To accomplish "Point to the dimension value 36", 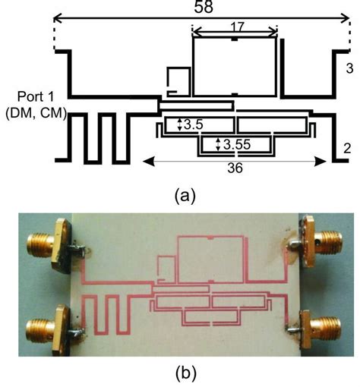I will [x=235, y=169].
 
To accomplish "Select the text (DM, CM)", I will [x=35, y=114].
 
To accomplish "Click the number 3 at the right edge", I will [x=348, y=69].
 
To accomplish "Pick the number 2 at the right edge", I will [x=346, y=148].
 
